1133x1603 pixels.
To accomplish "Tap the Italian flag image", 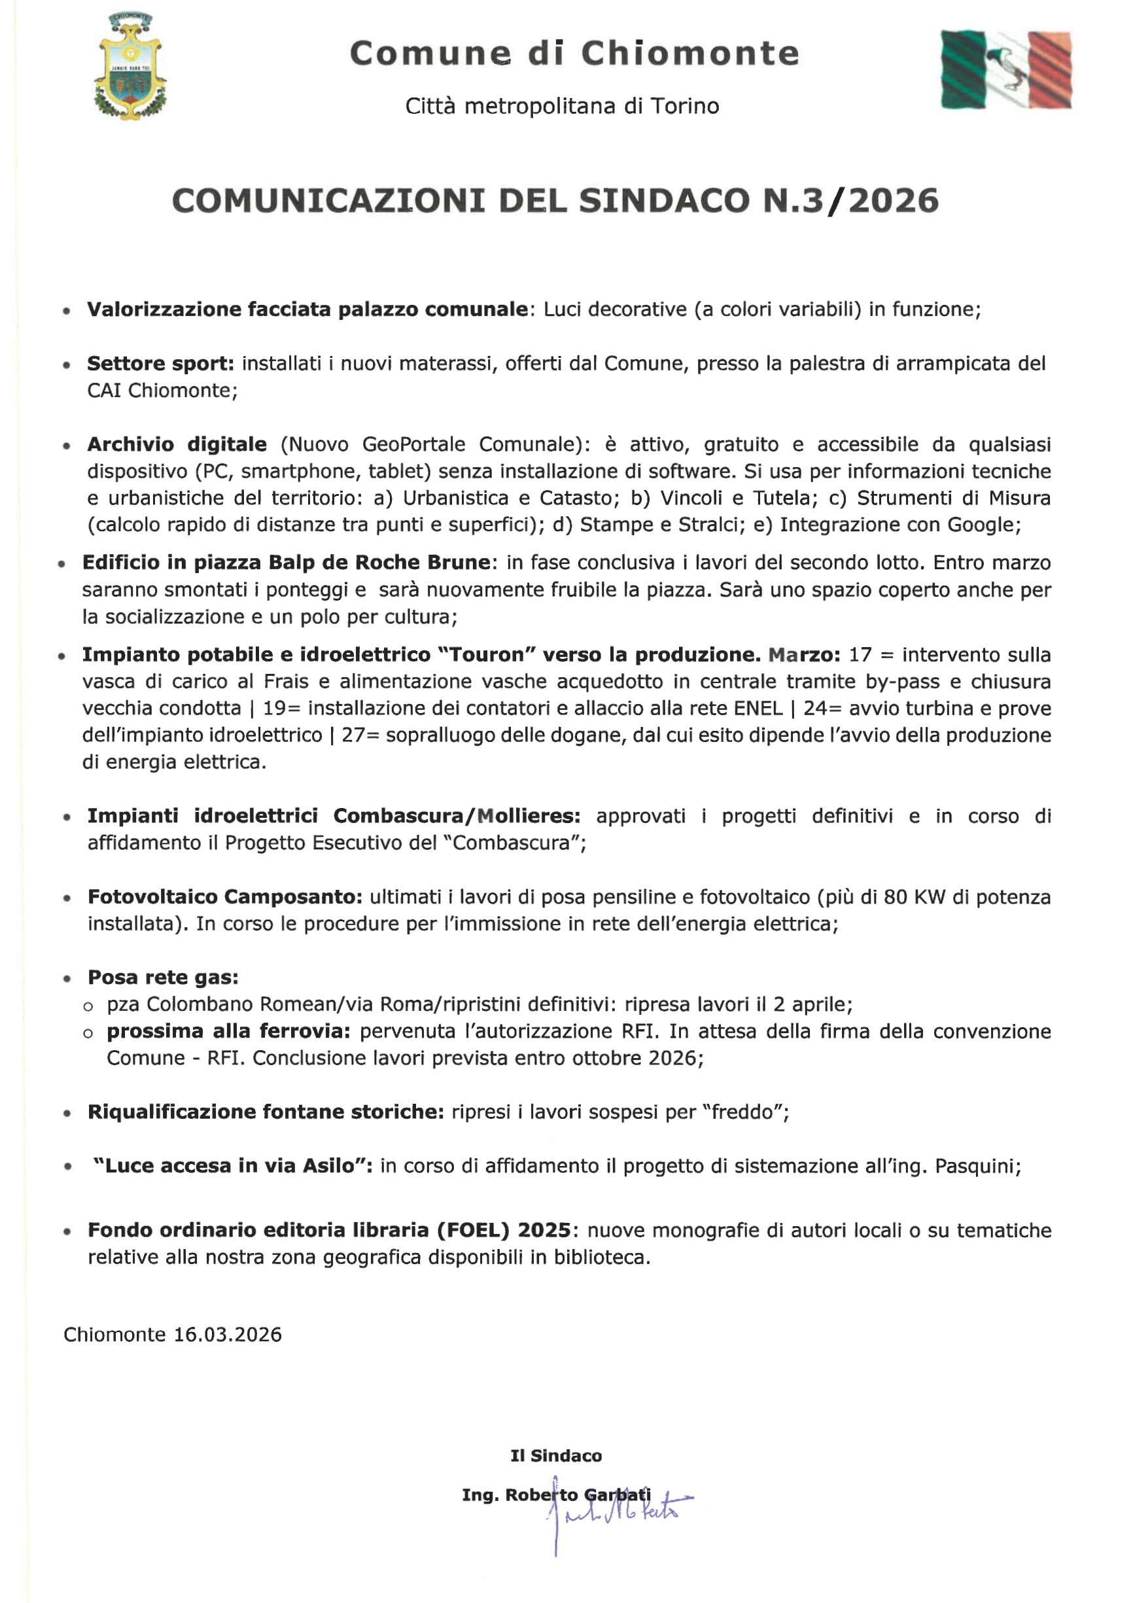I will tap(1005, 70).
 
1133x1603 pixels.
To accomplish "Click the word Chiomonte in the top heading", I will tap(689, 54).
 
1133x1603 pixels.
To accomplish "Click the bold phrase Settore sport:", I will tap(160, 364).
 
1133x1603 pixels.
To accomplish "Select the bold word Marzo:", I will tap(803, 655).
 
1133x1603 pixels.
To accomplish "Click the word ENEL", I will tap(758, 709).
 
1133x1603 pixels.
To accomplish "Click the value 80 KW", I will tap(914, 897).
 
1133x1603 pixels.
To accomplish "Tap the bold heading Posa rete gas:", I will tap(163, 978).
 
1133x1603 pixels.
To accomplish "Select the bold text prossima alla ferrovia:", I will tap(228, 1031).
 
